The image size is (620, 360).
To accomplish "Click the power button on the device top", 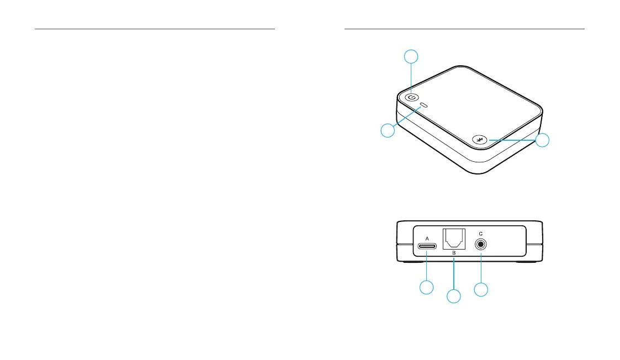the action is [x=411, y=98].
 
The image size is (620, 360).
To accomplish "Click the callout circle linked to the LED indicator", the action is [x=389, y=130].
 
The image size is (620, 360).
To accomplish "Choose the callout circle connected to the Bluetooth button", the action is [x=543, y=140].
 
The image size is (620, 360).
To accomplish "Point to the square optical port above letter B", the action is [x=453, y=239].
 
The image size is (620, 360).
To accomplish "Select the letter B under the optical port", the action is [x=453, y=253].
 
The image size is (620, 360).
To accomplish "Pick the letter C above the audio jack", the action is [x=481, y=233].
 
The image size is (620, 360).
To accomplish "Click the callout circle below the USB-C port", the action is [x=426, y=287].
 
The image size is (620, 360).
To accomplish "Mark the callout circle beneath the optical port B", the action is [x=454, y=297].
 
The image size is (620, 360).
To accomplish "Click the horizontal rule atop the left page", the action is [x=155, y=28].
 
